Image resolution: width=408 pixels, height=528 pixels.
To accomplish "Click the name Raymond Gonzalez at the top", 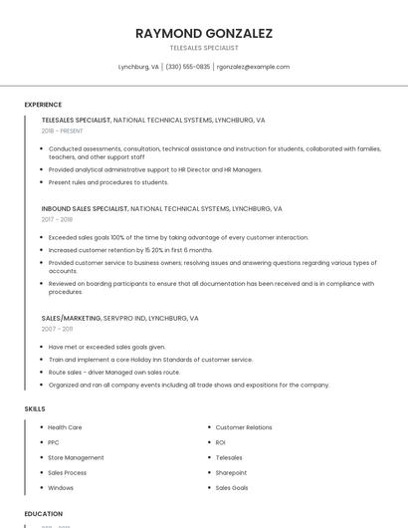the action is (204, 33).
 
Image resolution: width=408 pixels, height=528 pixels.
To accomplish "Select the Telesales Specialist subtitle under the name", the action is (204, 48).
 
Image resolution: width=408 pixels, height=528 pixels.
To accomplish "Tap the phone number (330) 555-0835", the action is (187, 67).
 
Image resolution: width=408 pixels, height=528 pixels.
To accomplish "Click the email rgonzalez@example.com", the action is (253, 67).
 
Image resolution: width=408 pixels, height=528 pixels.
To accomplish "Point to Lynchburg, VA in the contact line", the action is (138, 67).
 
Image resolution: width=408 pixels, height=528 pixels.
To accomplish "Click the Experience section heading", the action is (43, 105).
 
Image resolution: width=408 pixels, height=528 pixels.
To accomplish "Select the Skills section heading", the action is (35, 408).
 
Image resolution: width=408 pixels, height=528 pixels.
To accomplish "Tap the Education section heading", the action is (44, 514).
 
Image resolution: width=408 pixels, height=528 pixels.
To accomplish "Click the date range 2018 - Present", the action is (64, 131).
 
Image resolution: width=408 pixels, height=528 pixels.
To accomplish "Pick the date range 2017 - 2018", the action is (57, 219).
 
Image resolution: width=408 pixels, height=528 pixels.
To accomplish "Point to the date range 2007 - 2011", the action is (57, 328).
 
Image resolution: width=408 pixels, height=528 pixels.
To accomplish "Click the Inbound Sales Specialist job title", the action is (85, 209).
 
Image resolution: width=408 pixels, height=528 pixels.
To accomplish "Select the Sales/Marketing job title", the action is (71, 318).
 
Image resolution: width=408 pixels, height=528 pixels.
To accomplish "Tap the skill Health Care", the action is (65, 427).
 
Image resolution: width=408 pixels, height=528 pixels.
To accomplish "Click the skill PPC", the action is (54, 442).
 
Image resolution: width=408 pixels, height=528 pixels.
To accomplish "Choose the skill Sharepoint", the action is (231, 472).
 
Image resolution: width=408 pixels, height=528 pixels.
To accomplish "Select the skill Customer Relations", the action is (244, 427).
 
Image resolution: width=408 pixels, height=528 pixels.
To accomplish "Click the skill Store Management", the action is (76, 457).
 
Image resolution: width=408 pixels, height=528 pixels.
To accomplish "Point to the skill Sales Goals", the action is (232, 488).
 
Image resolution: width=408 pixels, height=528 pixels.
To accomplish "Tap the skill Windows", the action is (61, 488).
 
